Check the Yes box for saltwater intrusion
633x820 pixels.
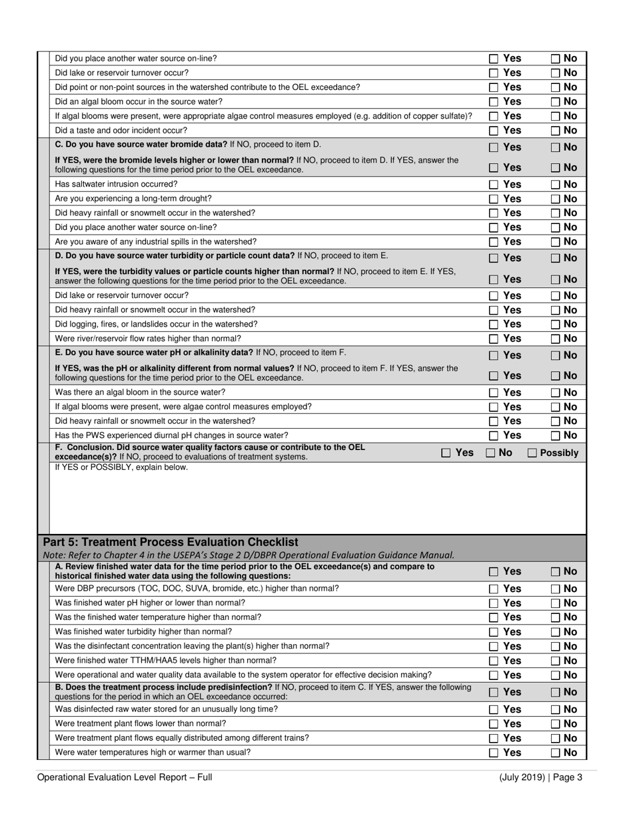494,185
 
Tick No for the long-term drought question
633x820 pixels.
555,199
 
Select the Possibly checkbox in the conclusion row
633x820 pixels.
532,453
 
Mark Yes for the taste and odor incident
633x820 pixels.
494,131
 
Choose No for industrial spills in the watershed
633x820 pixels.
555,242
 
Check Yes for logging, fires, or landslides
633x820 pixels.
494,325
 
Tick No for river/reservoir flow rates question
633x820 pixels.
555,339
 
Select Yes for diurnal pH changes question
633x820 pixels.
494,436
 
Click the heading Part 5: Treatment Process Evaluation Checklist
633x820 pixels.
170,542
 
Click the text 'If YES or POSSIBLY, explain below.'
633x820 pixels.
121,467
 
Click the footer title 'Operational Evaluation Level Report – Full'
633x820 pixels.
125,777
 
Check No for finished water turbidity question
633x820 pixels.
555,632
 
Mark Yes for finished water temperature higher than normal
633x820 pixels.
494,617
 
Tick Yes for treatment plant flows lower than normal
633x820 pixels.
494,724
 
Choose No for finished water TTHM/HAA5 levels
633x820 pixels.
555,661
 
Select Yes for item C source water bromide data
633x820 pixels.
494,147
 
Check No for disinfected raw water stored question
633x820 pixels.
555,709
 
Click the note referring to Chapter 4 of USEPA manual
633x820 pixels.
249,555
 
